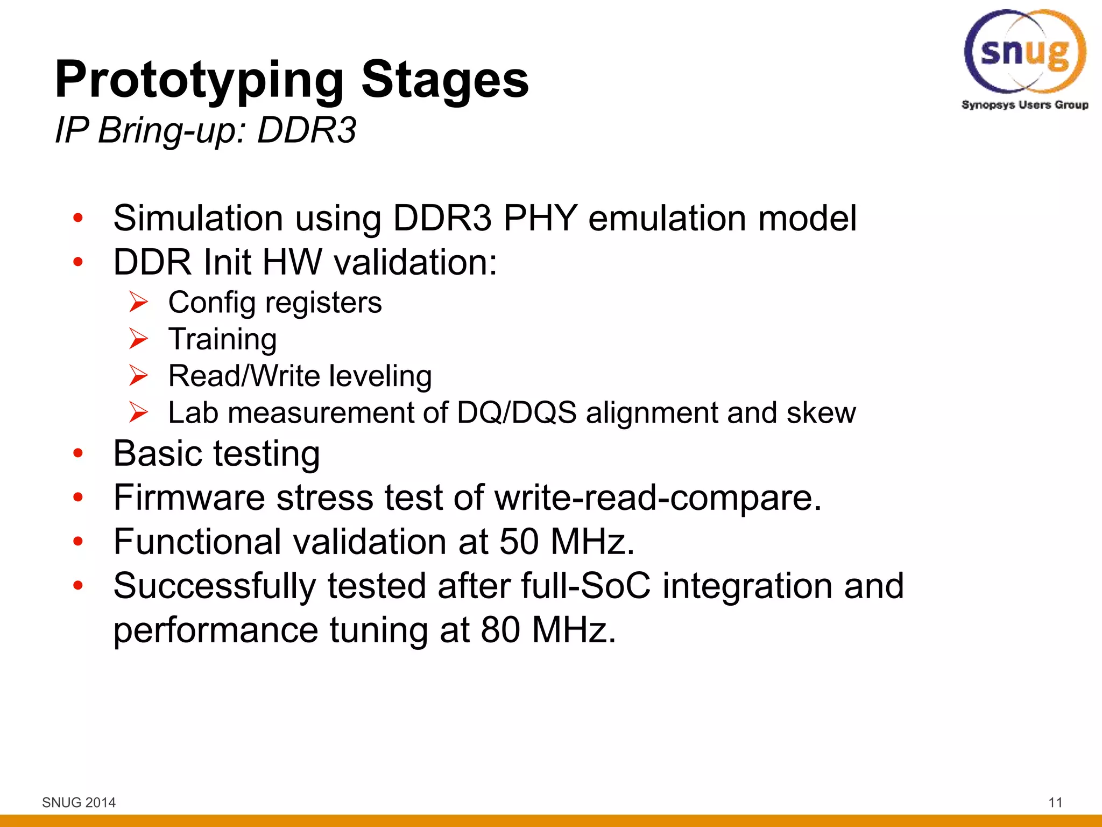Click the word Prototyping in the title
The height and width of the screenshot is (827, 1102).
pos(199,80)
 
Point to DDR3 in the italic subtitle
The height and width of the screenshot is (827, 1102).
pos(307,130)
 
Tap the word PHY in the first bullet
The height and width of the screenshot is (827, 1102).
pos(540,218)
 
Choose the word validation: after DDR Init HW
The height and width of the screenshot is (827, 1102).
pos(415,262)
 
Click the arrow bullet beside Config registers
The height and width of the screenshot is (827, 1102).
pos(138,302)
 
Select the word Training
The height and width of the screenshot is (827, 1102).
pos(222,339)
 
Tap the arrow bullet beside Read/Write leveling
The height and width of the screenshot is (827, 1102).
pos(138,375)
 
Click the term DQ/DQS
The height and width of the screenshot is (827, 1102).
pos(517,413)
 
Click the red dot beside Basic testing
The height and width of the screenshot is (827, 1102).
pos(79,453)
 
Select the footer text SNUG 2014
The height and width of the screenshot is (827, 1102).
pos(79,802)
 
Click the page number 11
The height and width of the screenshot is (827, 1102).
pos(1055,802)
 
